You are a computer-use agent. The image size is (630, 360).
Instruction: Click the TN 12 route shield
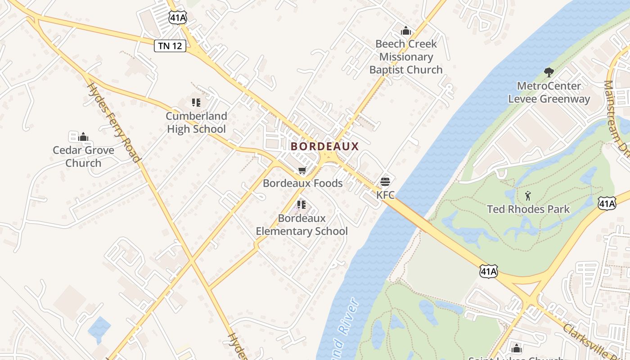click(170, 45)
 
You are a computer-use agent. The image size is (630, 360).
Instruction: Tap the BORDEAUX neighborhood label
click(324, 146)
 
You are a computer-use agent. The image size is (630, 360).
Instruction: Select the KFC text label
click(385, 195)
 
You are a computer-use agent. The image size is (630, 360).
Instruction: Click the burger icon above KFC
click(385, 182)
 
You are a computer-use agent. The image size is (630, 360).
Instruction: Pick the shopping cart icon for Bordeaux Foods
click(302, 171)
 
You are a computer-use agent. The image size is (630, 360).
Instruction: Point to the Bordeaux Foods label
click(302, 183)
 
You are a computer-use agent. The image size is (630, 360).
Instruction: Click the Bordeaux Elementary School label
click(301, 225)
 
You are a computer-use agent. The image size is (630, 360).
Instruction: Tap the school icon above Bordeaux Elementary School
click(301, 205)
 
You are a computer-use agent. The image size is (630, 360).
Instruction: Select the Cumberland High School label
click(196, 122)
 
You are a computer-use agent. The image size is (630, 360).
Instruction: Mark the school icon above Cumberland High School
click(196, 103)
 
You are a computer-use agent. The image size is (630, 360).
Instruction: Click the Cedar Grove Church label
click(83, 156)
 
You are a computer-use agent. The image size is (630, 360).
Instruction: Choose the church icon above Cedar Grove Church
click(83, 137)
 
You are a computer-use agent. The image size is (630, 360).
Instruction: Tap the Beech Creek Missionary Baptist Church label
click(406, 57)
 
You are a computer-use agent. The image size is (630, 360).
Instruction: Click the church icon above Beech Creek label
click(406, 31)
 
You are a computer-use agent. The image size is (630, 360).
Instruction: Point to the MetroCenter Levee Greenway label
click(549, 92)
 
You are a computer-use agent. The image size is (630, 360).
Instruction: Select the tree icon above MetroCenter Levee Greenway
click(549, 72)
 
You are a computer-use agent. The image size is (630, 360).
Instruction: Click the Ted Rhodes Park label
click(528, 209)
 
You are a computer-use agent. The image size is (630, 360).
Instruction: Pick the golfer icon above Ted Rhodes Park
click(528, 196)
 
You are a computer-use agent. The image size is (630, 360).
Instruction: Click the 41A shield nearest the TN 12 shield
click(178, 18)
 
